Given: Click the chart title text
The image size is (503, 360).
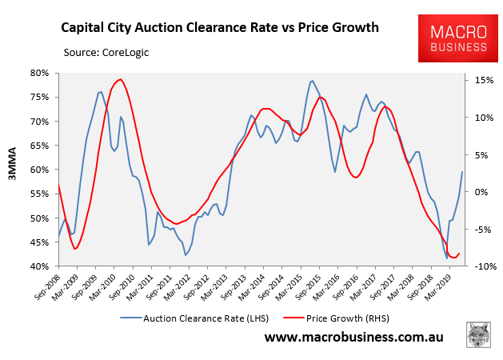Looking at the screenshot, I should tap(221, 29).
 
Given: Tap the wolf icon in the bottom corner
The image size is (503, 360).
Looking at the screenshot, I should tap(477, 334).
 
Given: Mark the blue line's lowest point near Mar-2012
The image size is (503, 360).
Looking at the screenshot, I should tap(186, 255).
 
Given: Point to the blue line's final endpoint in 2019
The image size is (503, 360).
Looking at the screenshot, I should tap(462, 172).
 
